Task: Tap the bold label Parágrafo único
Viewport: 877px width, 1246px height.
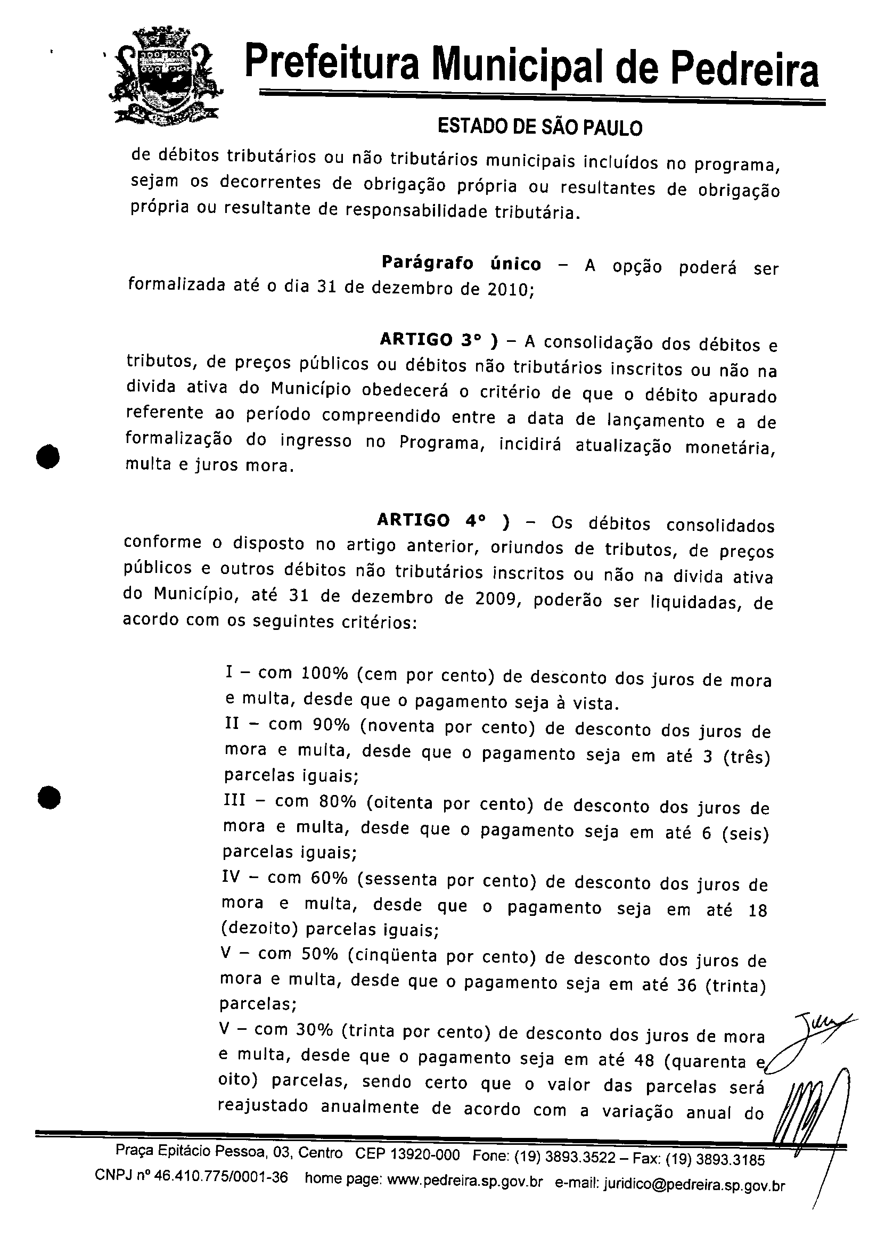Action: click(x=461, y=263)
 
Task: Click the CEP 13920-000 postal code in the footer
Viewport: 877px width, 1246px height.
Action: click(x=407, y=1154)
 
